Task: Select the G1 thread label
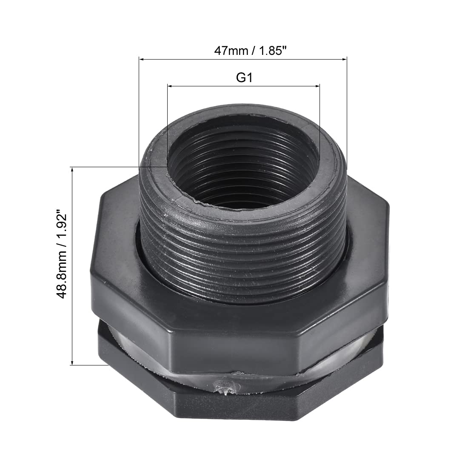pos(245,77)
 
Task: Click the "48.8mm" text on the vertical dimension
pos(61,274)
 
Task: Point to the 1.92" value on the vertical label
pos(61,226)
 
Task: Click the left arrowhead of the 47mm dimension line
pos(142,60)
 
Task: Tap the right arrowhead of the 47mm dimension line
pos(344,60)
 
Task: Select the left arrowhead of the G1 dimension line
pos(170,86)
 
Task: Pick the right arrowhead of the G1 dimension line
pos(317,86)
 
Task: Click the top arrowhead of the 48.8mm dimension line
pos(72,170)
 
